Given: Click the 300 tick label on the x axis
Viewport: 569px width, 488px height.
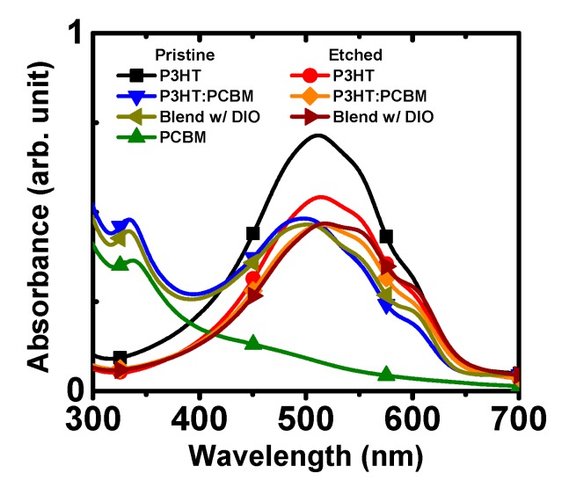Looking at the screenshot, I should click(x=93, y=415).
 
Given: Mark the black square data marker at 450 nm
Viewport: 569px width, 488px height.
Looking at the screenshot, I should click(x=252, y=233).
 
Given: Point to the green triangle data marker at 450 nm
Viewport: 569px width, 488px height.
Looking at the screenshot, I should click(x=252, y=342).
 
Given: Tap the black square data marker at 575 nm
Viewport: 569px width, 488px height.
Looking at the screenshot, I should click(x=385, y=237).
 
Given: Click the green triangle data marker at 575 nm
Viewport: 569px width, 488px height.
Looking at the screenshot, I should click(x=385, y=374).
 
